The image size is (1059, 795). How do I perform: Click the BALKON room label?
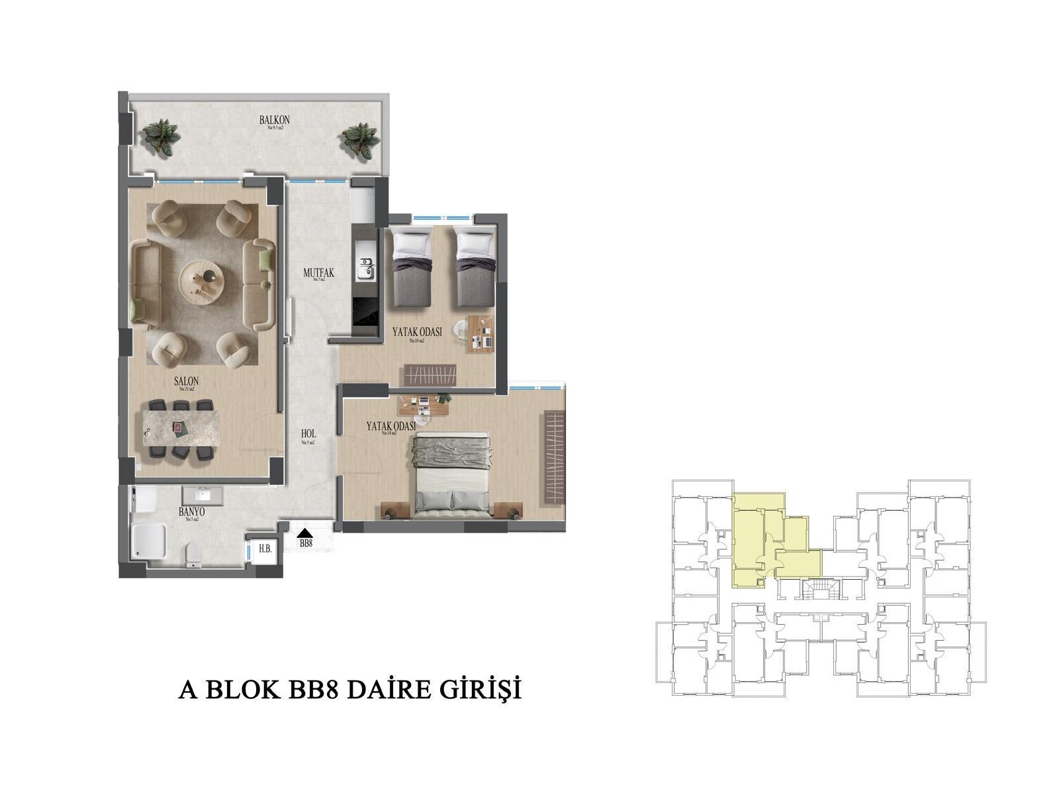point(275,120)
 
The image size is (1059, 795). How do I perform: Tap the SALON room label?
point(186,382)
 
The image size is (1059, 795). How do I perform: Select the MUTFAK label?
point(318,272)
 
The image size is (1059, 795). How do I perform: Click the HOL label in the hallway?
point(308,435)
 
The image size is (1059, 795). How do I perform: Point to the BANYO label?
point(191,512)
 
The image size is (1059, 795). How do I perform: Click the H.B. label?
point(265,549)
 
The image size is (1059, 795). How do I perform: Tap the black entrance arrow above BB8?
point(305,532)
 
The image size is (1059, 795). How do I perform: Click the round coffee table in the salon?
point(203,282)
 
